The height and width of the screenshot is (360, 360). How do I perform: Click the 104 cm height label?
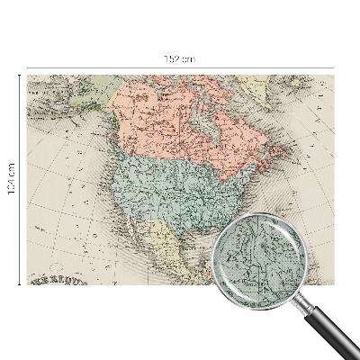point(11,180)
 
